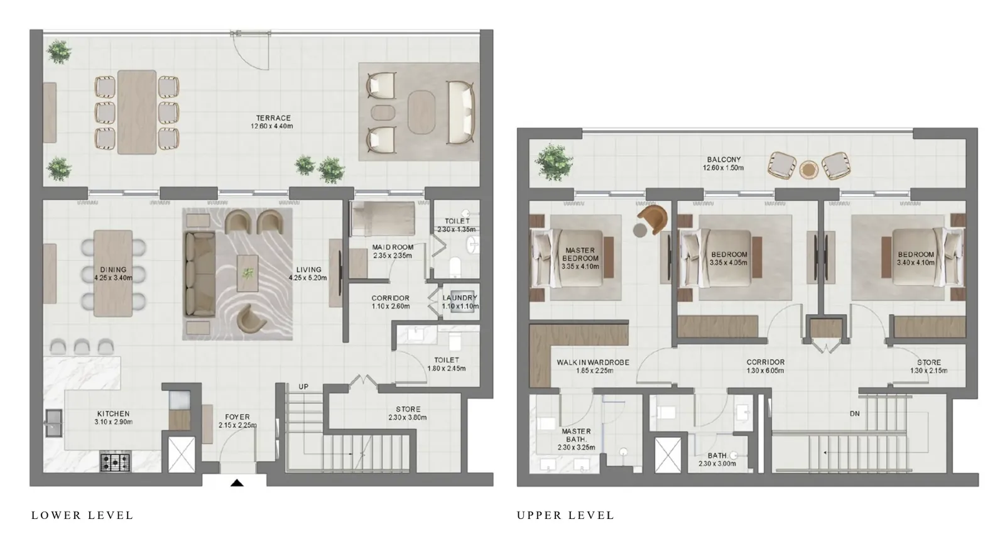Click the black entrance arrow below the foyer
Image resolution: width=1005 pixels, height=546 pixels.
point(237,483)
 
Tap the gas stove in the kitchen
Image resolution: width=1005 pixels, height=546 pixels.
point(116,462)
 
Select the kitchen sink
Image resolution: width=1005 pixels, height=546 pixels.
point(53,423)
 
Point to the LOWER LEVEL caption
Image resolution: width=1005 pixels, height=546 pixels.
point(82,515)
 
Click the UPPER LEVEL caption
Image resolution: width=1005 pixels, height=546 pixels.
point(565,515)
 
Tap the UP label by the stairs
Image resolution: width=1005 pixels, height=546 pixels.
point(304,387)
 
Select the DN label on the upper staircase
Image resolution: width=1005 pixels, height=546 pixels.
point(855,413)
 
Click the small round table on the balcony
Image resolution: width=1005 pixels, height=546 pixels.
point(808,170)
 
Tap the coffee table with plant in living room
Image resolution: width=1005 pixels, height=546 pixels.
point(247,273)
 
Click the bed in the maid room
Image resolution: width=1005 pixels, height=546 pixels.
point(383,219)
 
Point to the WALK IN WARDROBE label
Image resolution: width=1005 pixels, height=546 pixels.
point(593,362)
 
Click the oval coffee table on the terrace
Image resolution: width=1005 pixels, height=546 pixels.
point(421,112)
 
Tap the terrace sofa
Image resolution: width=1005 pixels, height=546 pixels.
point(461,112)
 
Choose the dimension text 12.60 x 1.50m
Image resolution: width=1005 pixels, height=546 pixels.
point(723,168)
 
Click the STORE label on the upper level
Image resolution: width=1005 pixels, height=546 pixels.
point(929,362)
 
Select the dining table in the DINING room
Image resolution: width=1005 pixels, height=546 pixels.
point(113,273)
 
